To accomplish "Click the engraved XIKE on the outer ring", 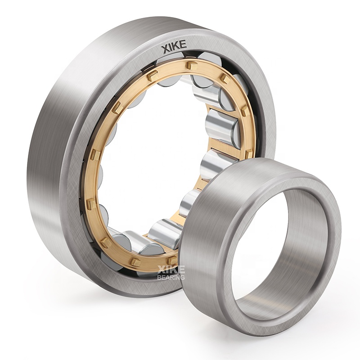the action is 174,46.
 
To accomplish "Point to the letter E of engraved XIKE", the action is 183,45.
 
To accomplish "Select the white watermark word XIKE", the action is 171,269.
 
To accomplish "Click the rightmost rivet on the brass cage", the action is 249,153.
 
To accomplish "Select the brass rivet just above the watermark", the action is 171,260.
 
